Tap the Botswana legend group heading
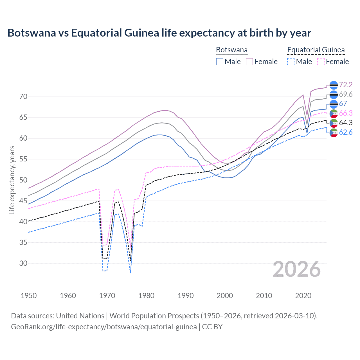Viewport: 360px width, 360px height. (232, 50)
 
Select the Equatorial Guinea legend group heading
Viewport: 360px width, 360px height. (316, 50)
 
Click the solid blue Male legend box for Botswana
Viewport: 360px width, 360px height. (220, 62)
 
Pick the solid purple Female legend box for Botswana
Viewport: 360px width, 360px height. (249, 62)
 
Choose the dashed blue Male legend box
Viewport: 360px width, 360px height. (291, 62)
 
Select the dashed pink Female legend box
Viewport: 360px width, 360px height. (321, 62)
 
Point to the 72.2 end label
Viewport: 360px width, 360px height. (346, 85)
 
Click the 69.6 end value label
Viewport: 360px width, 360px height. (346, 94)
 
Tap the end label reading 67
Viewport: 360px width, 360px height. (343, 103)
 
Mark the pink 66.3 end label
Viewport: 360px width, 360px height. (346, 113)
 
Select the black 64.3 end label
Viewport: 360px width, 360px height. (346, 123)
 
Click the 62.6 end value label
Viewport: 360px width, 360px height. (346, 132)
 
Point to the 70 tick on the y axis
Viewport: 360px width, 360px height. (23, 97)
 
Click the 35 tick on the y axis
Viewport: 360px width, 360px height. (23, 242)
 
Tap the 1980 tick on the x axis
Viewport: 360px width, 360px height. (147, 296)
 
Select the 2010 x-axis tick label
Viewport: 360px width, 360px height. (264, 296)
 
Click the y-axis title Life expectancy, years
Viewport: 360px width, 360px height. (12, 180)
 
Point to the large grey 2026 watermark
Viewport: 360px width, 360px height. (297, 269)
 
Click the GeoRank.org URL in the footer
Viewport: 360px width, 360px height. (104, 327)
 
